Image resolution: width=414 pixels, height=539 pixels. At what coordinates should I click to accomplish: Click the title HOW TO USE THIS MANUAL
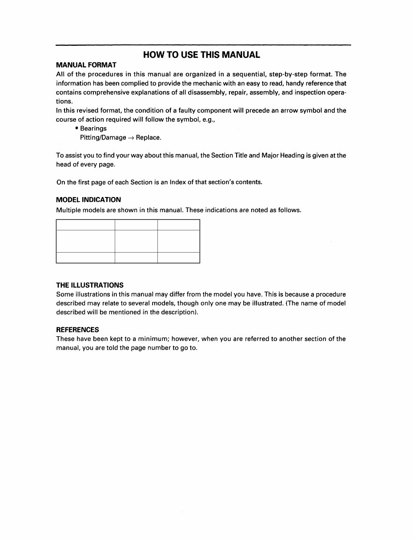pyautogui.click(x=201, y=55)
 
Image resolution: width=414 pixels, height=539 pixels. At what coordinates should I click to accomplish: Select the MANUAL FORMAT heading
pyautogui.click(x=86, y=65)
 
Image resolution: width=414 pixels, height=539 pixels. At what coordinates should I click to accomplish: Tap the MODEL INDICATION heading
pyautogui.click(x=88, y=200)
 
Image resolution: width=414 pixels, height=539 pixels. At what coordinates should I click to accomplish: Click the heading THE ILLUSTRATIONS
pyautogui.click(x=90, y=285)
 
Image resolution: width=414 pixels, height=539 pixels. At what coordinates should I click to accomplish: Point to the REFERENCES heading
pyautogui.click(x=77, y=330)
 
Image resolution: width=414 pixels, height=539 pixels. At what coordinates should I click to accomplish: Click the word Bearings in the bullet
pyautogui.click(x=93, y=129)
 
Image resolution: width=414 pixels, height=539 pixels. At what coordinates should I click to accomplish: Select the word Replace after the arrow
pyautogui.click(x=148, y=137)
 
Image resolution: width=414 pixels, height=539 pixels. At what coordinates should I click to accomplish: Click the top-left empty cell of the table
pyautogui.click(x=85, y=225)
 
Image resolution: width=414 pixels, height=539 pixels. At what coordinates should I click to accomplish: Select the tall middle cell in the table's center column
pyautogui.click(x=136, y=241)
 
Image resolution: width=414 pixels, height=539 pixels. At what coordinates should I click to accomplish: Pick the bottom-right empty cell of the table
pyautogui.click(x=179, y=257)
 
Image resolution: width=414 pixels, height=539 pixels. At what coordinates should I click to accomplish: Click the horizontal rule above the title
pyautogui.click(x=203, y=45)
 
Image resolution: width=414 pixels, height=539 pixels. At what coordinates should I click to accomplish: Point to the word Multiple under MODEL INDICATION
pyautogui.click(x=69, y=210)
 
